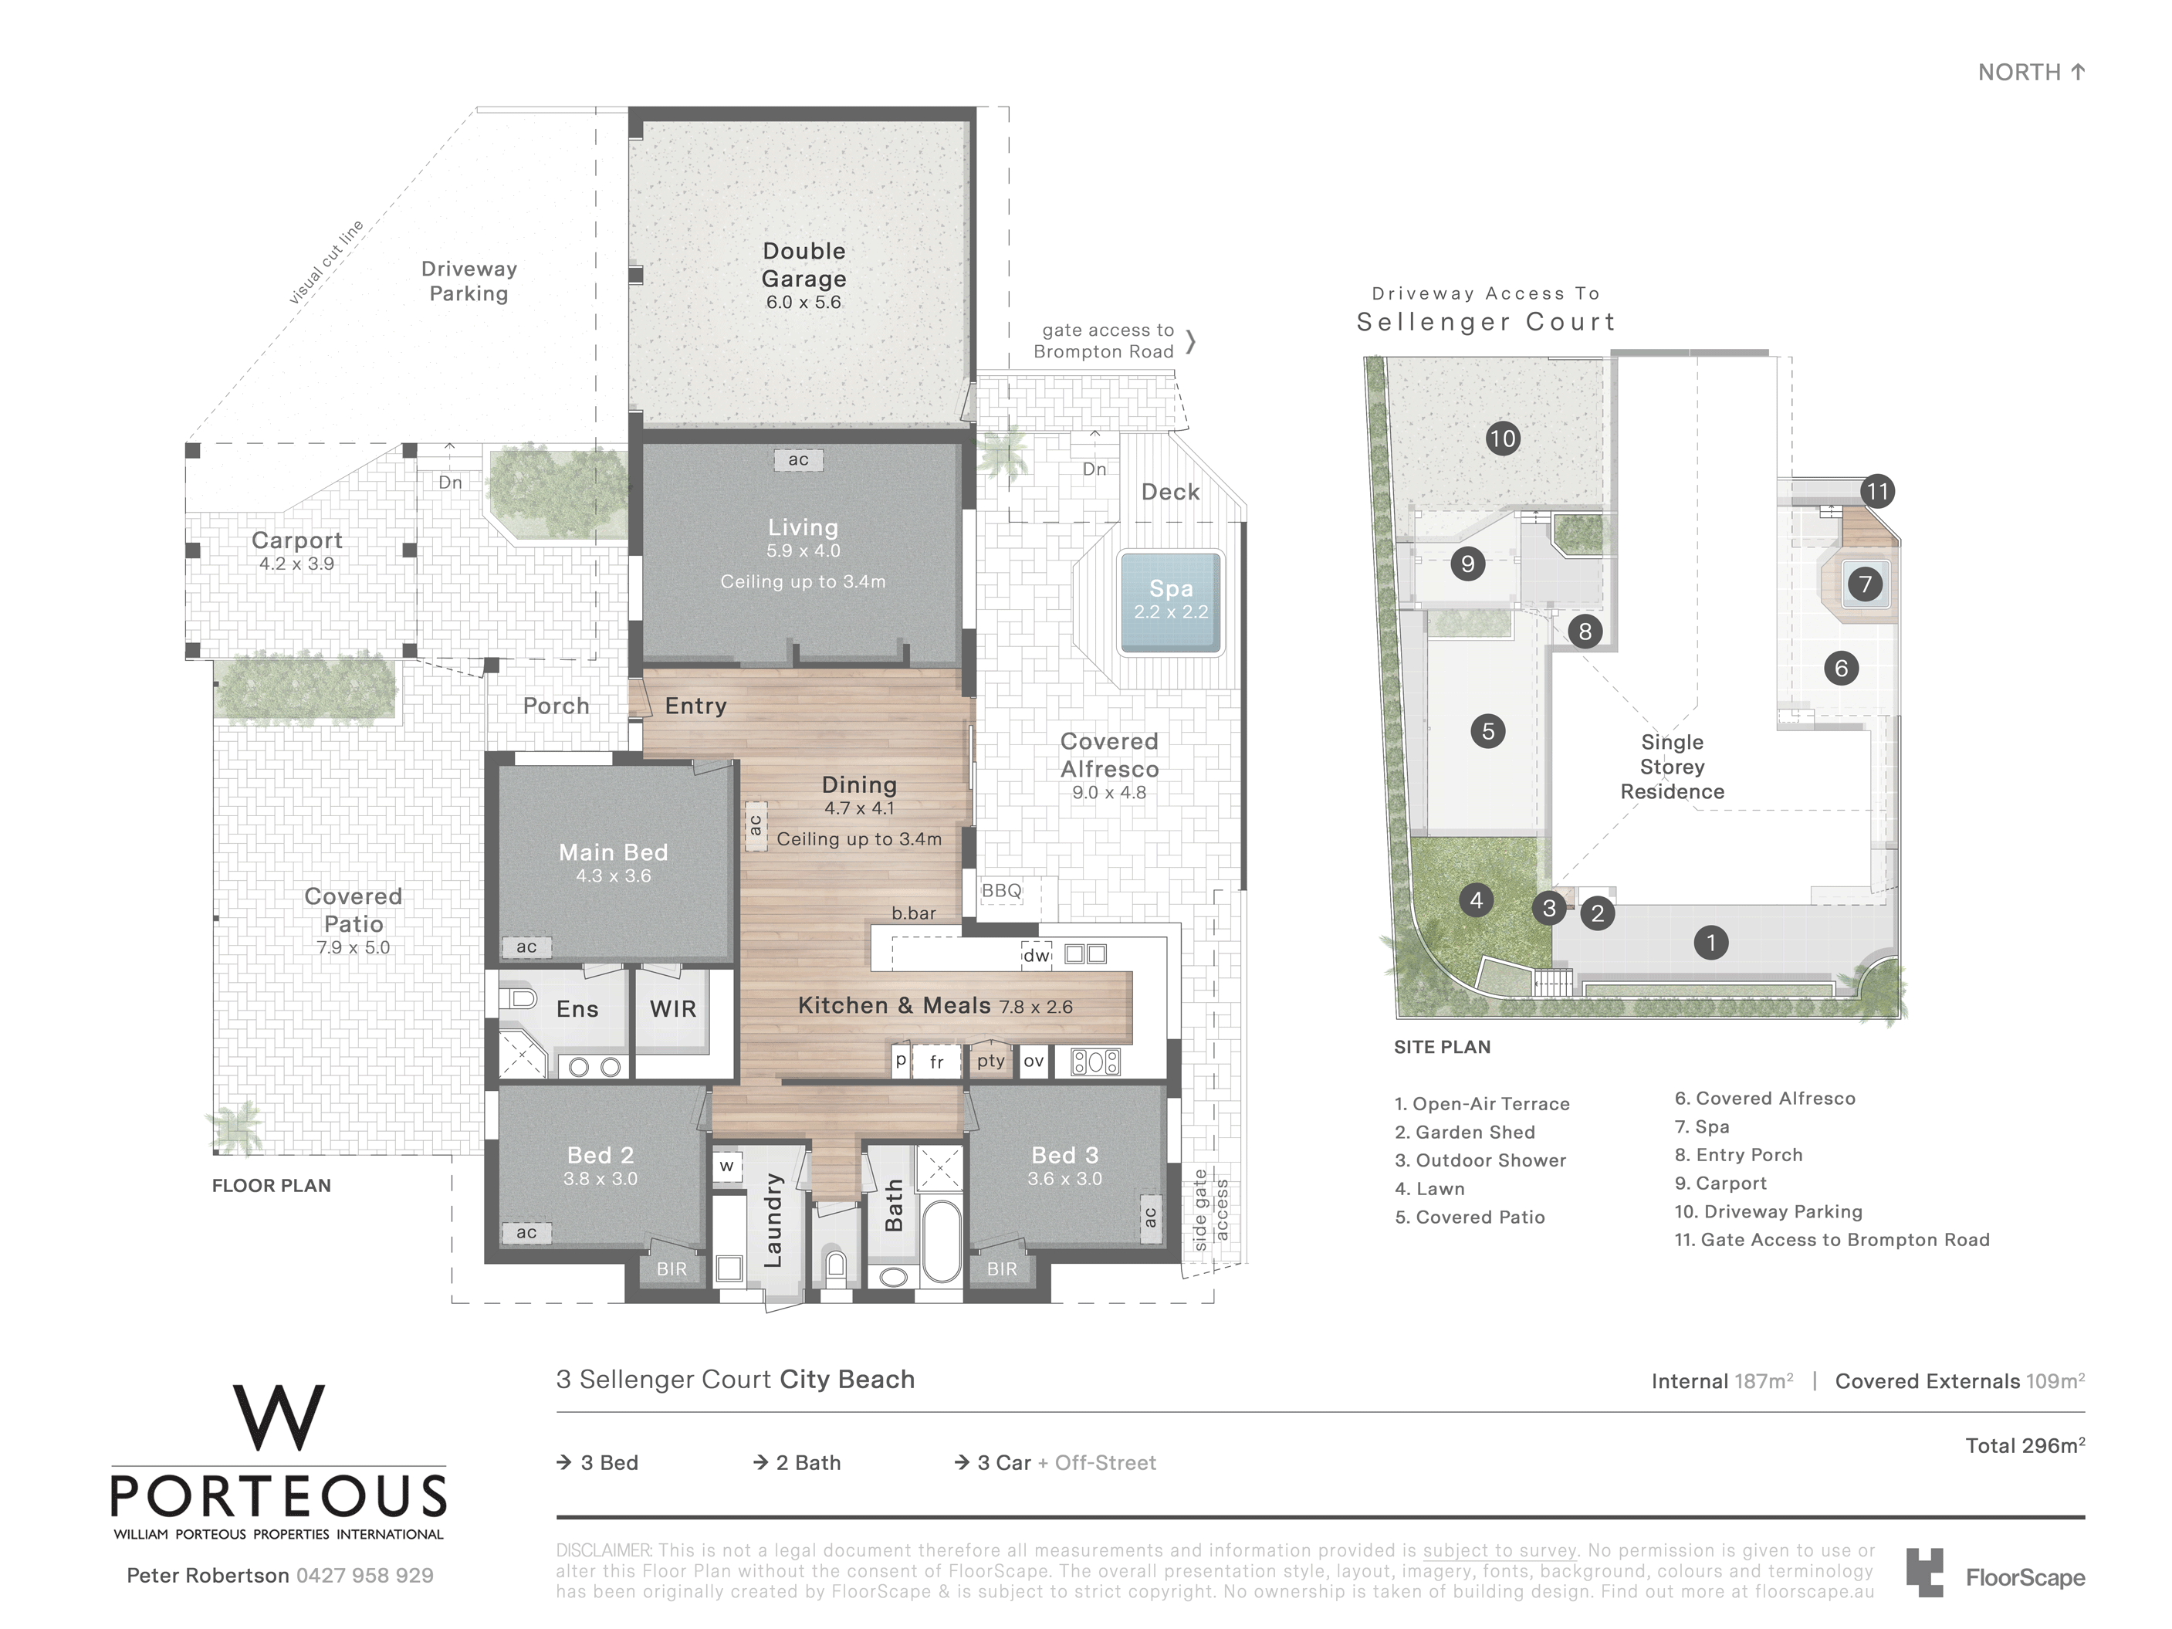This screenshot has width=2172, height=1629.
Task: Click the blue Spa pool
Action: tap(1170, 602)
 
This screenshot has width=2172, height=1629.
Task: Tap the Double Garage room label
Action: tap(804, 265)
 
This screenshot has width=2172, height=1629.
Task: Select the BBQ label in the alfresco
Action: tap(1002, 891)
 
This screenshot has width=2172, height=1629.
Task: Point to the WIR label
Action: tap(672, 1008)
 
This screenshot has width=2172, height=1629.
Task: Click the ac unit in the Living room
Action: tap(798, 459)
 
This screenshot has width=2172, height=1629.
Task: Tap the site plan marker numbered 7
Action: tap(1865, 584)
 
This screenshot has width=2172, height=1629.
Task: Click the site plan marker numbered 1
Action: tap(1710, 943)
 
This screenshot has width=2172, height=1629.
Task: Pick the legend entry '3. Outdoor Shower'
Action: tap(1480, 1160)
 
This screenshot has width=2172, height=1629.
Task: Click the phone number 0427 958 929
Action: tap(364, 1575)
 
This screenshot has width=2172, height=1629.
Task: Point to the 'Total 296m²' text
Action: tap(2025, 1445)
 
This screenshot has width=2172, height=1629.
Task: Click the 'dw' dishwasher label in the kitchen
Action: tap(1036, 956)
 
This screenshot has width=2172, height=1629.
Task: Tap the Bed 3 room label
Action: tap(1064, 1155)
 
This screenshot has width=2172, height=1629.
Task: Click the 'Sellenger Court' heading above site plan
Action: tap(1486, 322)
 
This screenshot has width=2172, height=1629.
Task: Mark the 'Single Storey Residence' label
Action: tap(1672, 767)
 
